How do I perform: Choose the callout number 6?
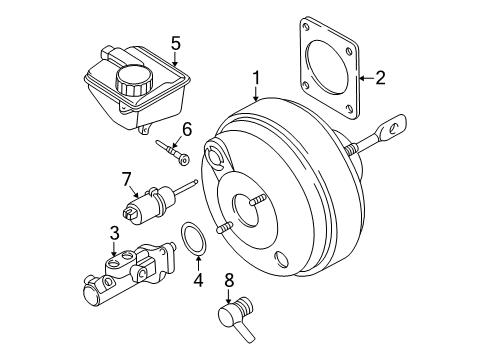tap(186, 127)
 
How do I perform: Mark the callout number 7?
tap(126, 180)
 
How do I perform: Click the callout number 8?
tap(229, 283)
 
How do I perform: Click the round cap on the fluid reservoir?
tap(132, 79)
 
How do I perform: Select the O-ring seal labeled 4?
tap(195, 241)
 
